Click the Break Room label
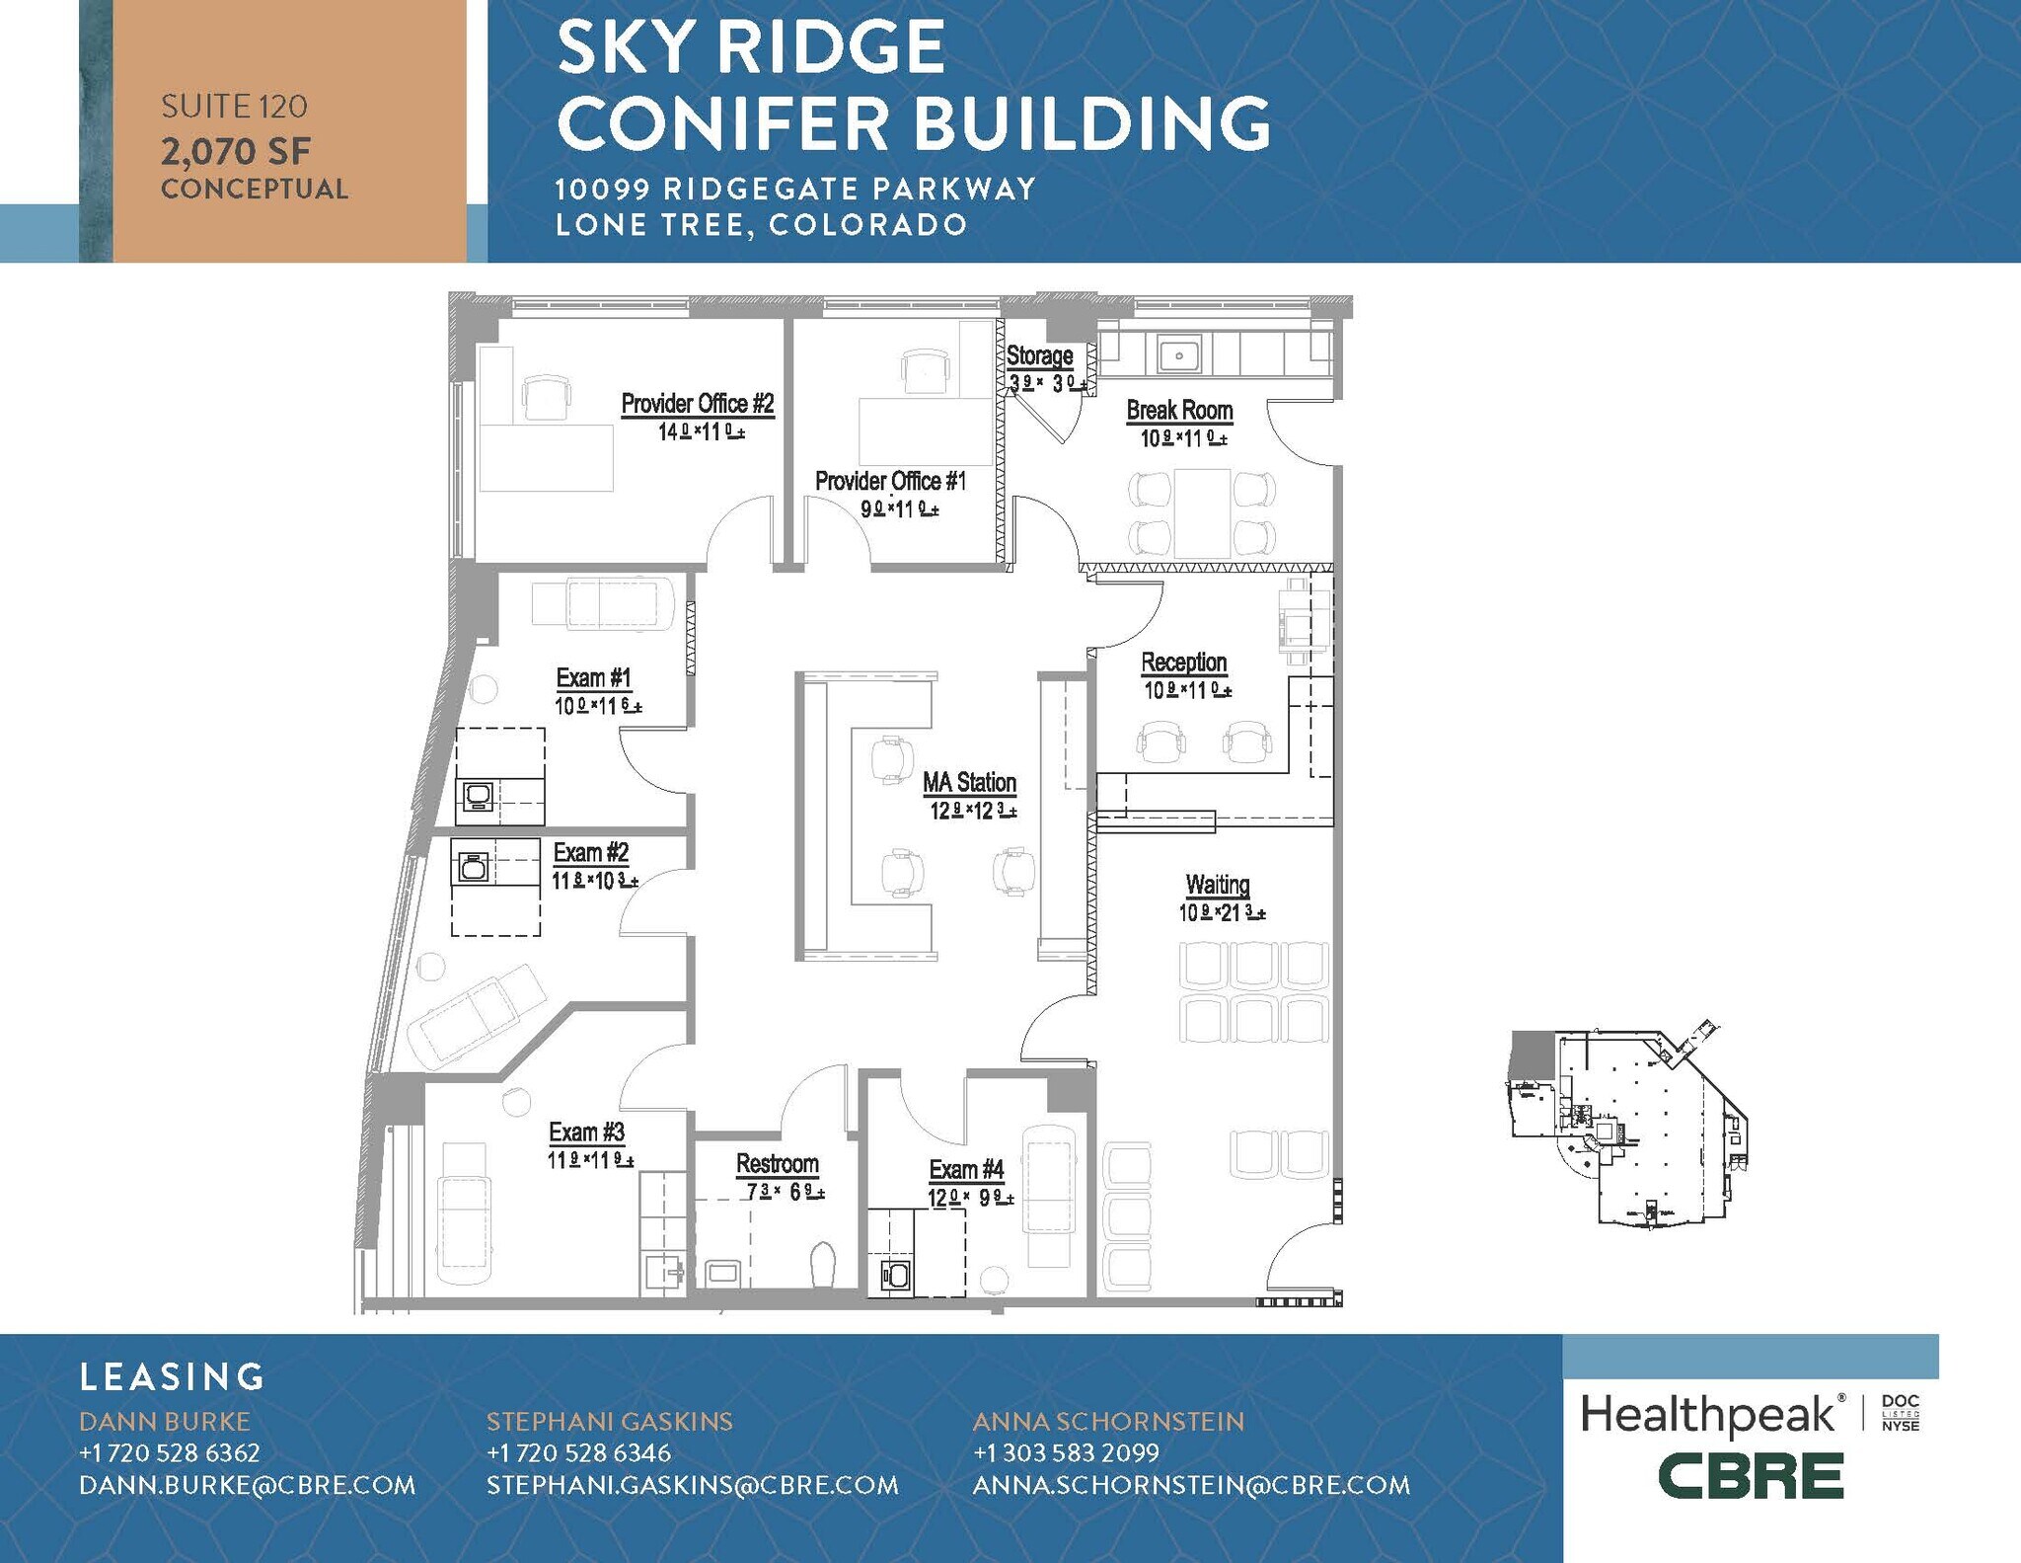click(1179, 410)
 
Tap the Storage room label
click(1039, 355)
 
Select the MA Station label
click(969, 783)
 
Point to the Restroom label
click(778, 1164)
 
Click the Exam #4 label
click(966, 1170)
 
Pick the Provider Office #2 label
click(698, 404)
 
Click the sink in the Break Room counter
click(1178, 355)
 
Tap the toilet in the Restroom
click(822, 1265)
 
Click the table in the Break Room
click(1202, 513)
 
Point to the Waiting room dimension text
click(1222, 913)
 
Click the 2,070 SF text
click(236, 151)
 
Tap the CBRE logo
click(1751, 1476)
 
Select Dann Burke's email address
click(248, 1485)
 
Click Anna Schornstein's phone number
click(1066, 1452)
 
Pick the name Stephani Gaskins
click(609, 1421)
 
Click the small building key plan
click(1627, 1127)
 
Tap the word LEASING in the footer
click(173, 1376)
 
